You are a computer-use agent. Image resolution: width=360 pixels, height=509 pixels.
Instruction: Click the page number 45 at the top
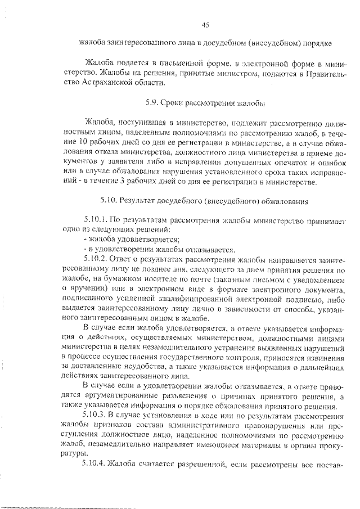205,24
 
